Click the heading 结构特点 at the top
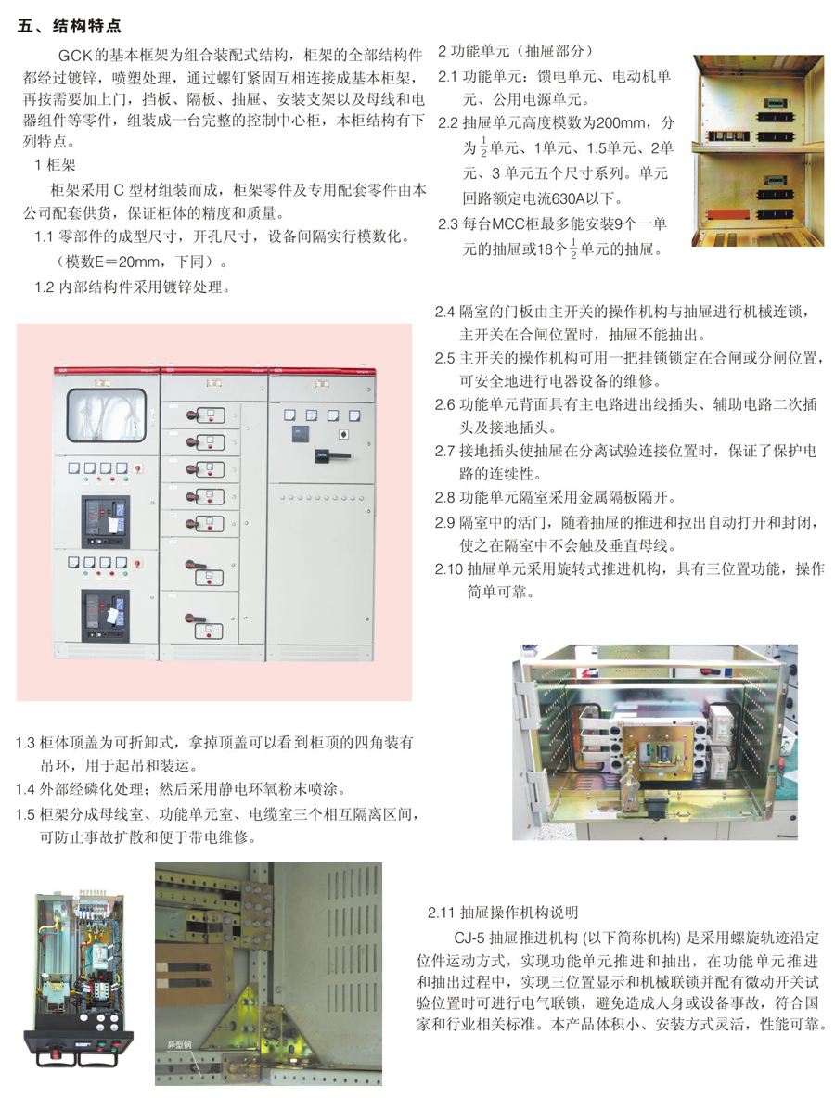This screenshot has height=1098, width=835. coord(87,26)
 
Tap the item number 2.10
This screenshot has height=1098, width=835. coord(449,569)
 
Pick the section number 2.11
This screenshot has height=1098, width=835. coord(442,913)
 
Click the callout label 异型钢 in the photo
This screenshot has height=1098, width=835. coord(179,1045)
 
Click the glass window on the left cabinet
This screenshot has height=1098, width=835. coord(107,416)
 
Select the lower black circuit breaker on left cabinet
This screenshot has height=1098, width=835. coord(106,615)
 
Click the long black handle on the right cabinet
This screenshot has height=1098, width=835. coord(332,455)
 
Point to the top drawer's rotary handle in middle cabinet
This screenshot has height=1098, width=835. coord(195,416)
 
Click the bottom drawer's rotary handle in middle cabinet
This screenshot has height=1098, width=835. coord(194,619)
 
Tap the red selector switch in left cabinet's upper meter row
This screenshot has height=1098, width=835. coord(138,468)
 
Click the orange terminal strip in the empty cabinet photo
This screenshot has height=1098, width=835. coord(723,213)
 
